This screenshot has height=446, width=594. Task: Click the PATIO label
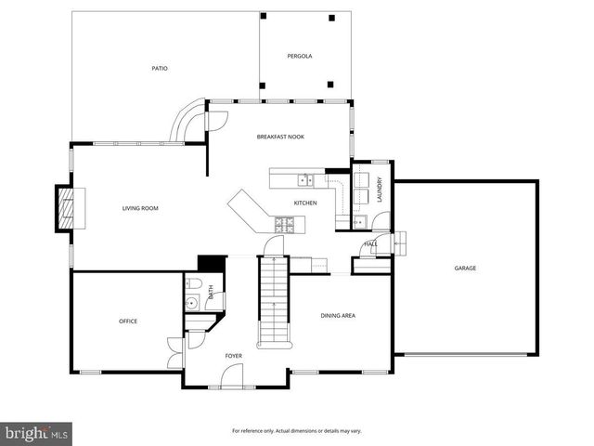click(160, 68)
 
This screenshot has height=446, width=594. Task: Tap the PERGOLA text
click(299, 56)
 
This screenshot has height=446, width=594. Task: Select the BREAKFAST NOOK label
click(280, 137)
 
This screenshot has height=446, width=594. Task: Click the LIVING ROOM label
click(140, 208)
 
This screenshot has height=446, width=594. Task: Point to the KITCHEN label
click(305, 203)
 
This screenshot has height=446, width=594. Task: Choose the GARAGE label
click(465, 268)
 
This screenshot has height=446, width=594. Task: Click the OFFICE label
click(128, 321)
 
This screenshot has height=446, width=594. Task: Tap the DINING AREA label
click(338, 315)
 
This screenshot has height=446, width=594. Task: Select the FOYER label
click(234, 355)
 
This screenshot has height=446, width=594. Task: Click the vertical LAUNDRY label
click(380, 190)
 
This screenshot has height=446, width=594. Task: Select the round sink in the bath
click(191, 302)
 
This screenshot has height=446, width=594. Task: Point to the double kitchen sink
click(304, 179)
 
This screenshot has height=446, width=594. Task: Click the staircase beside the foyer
click(273, 302)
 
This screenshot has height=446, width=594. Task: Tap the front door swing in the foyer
click(232, 376)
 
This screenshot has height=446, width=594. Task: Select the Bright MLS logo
click(37, 433)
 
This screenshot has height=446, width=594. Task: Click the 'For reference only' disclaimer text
click(296, 431)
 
